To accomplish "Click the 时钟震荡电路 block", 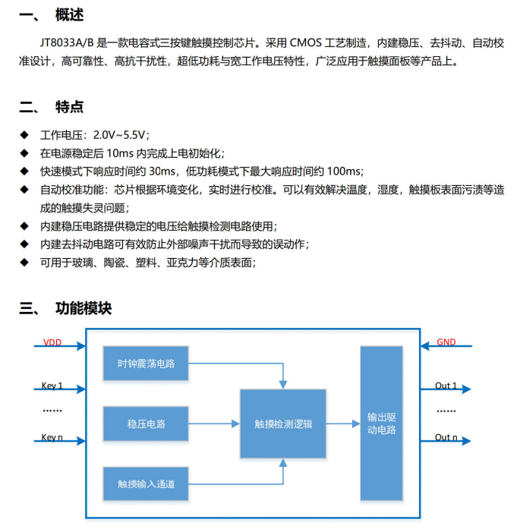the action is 146,364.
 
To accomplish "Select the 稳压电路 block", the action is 146,424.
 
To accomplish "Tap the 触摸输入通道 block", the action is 146,483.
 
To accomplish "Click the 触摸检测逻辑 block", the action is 283,424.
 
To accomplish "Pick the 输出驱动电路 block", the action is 382,423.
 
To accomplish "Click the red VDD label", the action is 52,342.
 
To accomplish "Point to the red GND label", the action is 446,342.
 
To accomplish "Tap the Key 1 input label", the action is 52,386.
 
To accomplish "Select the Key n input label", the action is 52,437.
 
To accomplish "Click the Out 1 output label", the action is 446,386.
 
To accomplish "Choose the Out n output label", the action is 446,437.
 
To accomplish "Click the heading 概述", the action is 70,15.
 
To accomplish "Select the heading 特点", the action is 70,106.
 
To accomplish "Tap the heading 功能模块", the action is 84,308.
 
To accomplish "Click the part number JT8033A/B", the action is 67,43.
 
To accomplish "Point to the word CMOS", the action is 306,43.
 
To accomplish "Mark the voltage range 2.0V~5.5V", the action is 119,135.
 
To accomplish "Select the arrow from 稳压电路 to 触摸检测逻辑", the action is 214,424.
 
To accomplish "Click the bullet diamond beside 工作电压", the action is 24,135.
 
